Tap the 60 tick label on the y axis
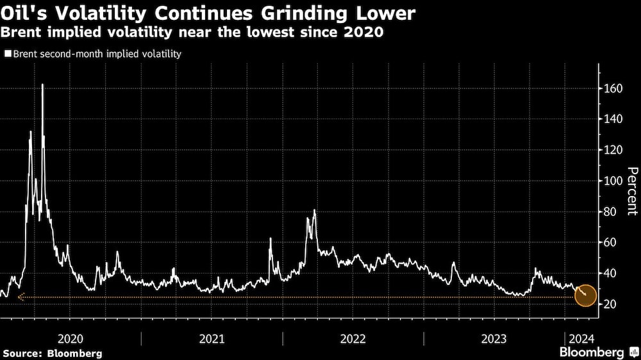611,242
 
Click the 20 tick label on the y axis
611,304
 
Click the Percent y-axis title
632,191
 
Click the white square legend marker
7,54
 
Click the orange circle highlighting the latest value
586,295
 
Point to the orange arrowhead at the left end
20,297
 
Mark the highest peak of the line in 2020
42,85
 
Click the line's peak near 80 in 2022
314,210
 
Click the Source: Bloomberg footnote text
52,353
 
